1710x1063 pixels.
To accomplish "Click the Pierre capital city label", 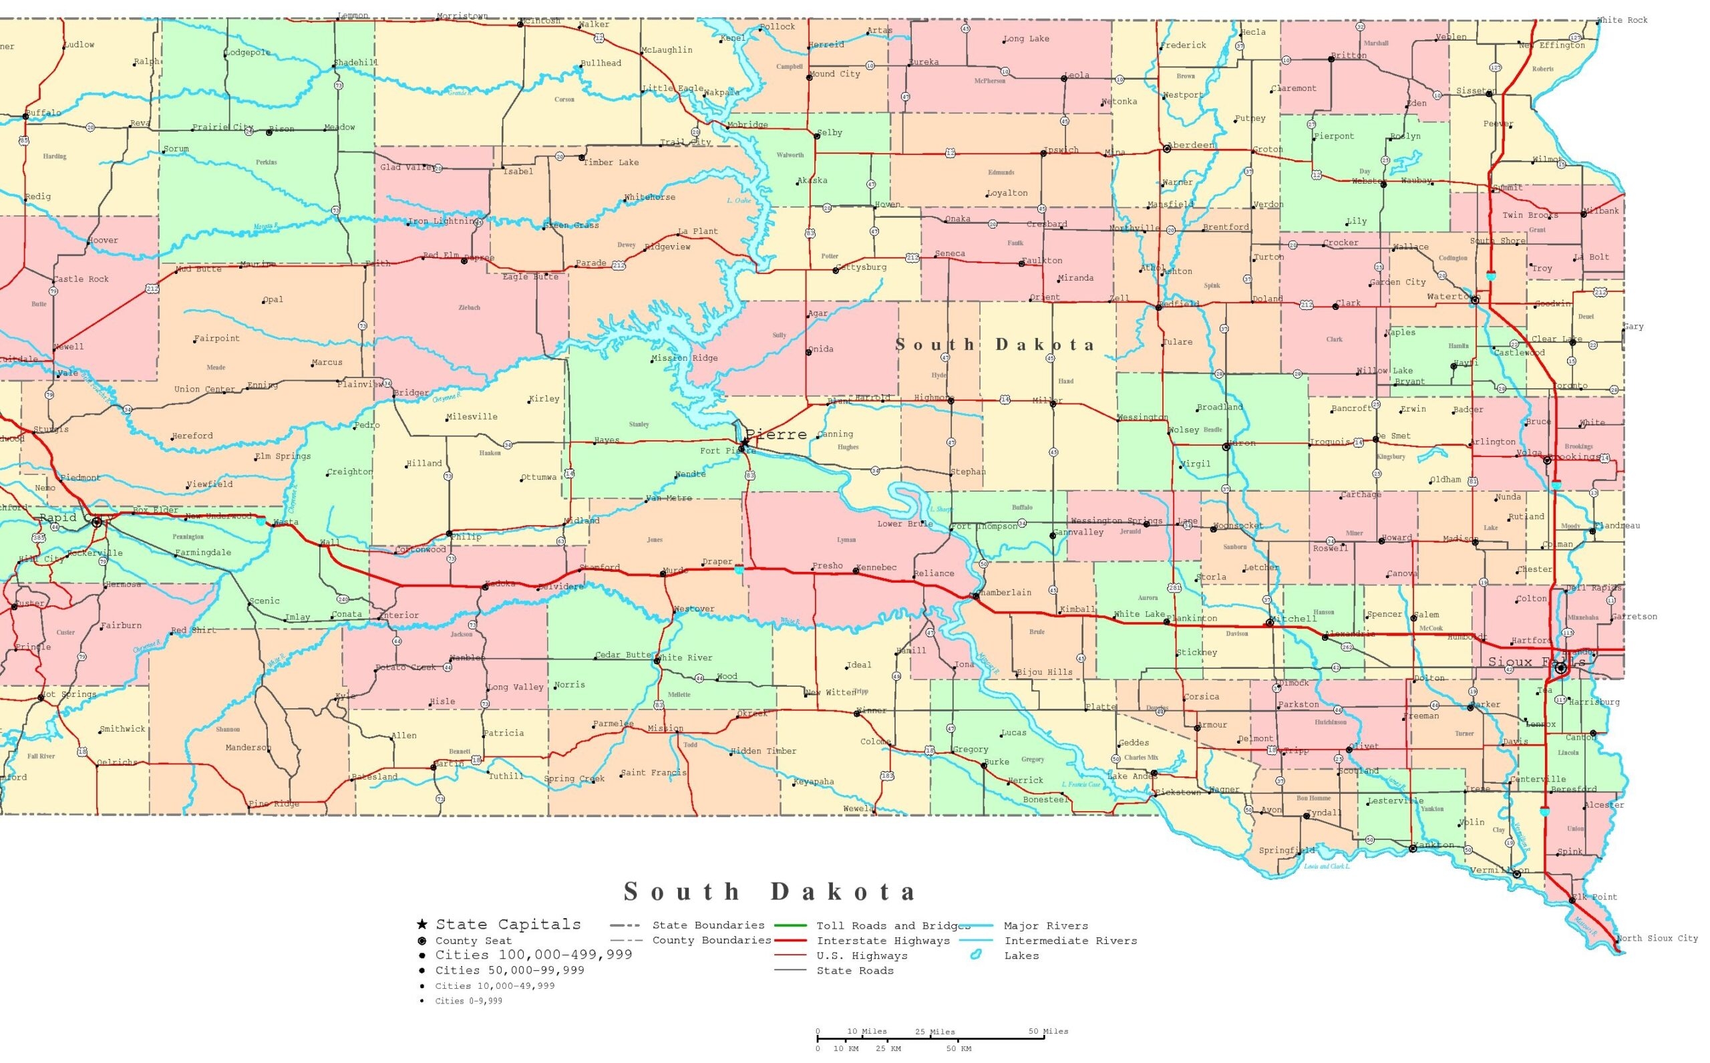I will click(776, 434).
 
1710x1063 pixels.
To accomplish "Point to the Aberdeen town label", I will click(1193, 146).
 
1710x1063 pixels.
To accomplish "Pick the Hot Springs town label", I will click(69, 695).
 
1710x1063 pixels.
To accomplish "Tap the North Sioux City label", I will click(1657, 939).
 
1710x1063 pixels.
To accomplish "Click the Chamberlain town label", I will click(1005, 593).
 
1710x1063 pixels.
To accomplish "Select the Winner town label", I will click(872, 711).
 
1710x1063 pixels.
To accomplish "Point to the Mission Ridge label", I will click(685, 359).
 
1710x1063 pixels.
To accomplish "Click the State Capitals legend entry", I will click(508, 925).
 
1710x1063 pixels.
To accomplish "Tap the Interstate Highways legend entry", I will click(883, 941).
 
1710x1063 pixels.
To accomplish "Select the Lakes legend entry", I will click(1021, 956).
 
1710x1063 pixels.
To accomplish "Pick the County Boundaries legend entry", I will click(711, 941).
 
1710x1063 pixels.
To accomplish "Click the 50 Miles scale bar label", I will click(1048, 1032).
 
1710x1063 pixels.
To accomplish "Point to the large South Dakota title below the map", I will click(770, 892).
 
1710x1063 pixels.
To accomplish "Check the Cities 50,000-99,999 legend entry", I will click(510, 971).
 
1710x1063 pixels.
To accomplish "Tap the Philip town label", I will click(466, 537).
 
